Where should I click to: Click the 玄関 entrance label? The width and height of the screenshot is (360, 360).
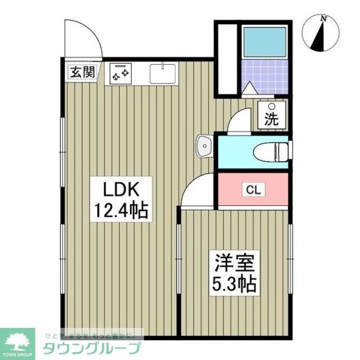[x=82, y=72]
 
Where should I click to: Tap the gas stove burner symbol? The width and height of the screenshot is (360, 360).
[x=118, y=74]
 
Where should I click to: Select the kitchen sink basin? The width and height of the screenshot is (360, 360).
[x=163, y=74]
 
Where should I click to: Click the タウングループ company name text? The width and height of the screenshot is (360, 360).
[x=91, y=349]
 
